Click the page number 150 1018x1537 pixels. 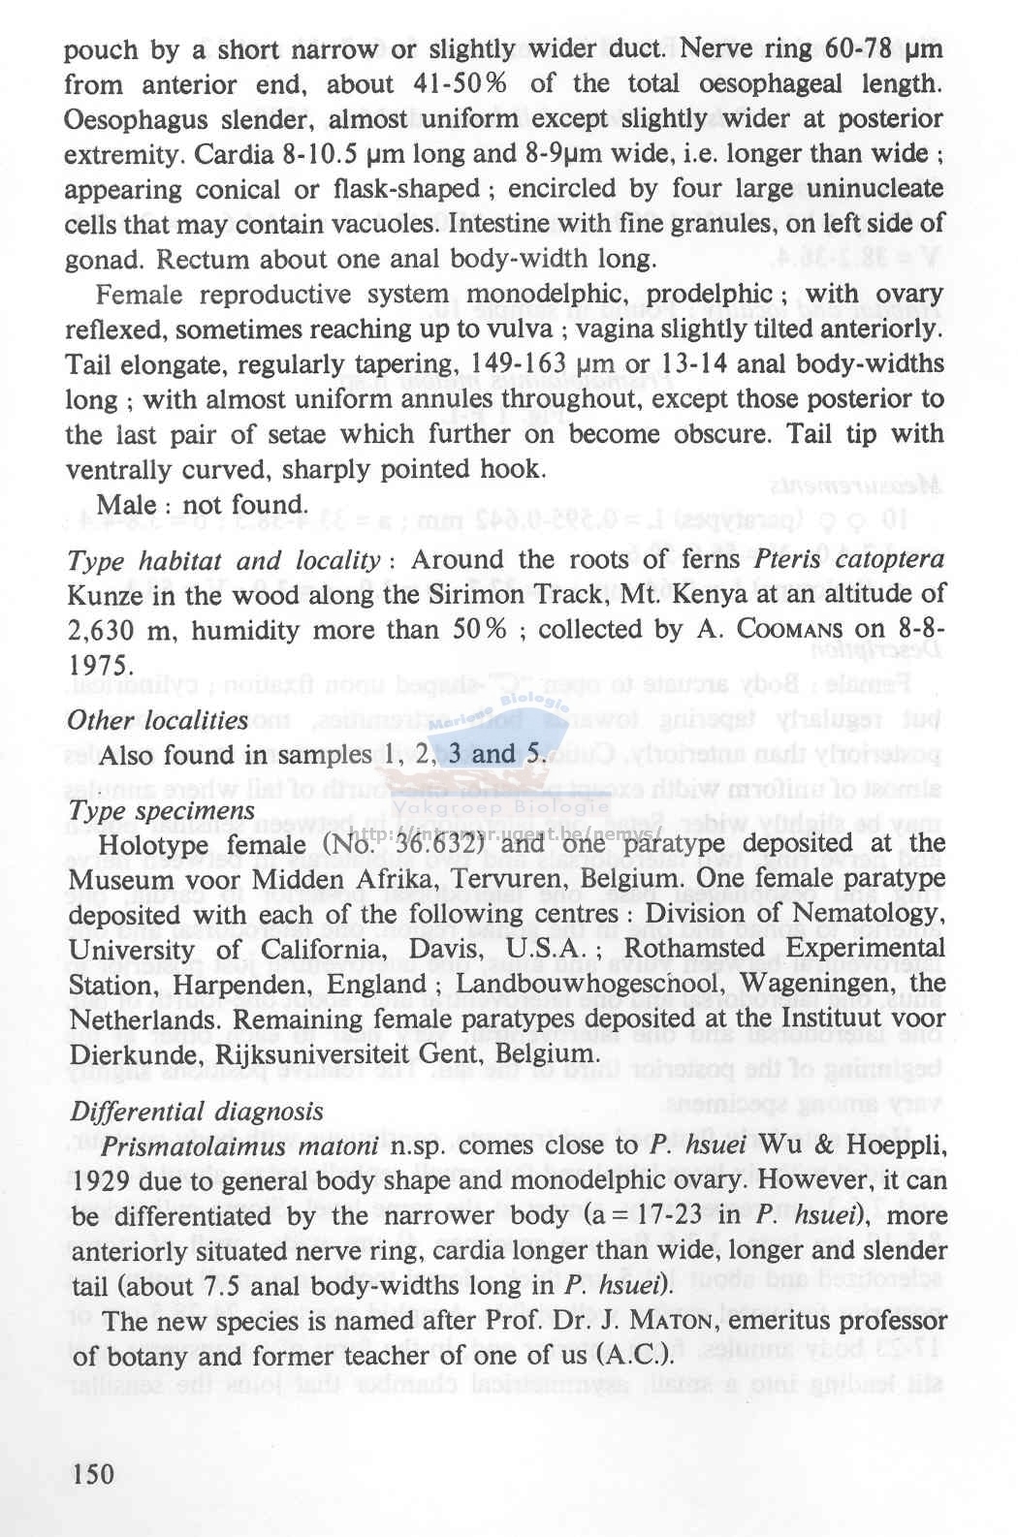94,1474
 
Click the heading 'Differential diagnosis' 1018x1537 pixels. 196,1111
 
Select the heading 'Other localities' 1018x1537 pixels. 157,720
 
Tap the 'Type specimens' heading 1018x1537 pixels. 162,810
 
